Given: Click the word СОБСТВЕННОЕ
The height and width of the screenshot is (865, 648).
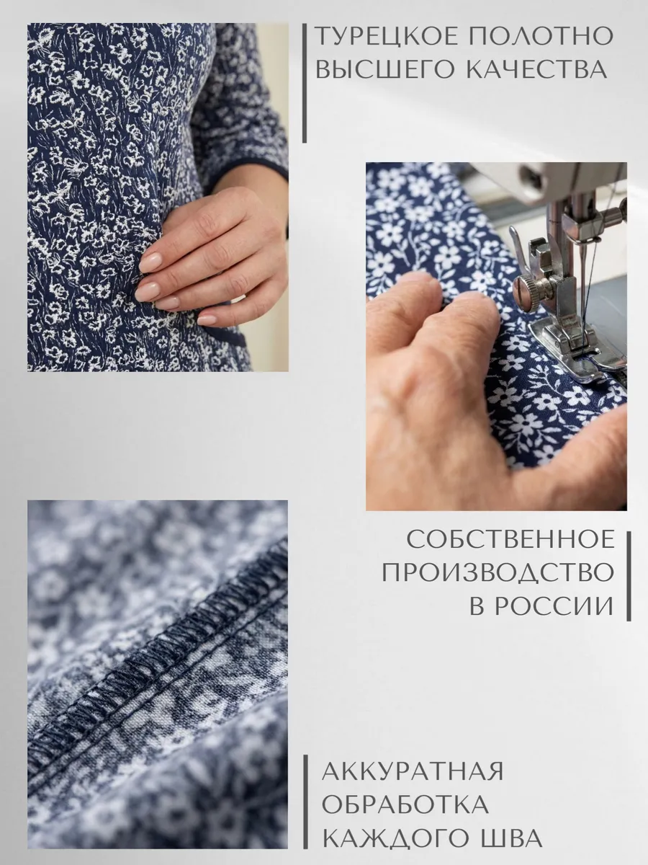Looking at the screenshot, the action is pyautogui.click(x=510, y=539).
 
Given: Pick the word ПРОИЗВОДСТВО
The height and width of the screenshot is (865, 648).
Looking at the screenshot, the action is pyautogui.click(x=498, y=572).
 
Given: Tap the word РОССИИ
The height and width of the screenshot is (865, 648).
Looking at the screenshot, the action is pyautogui.click(x=554, y=606).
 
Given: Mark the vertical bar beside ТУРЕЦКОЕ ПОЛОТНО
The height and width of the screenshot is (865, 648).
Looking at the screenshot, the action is pyautogui.click(x=305, y=83).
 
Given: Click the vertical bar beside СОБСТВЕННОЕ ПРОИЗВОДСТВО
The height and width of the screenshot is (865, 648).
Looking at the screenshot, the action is pyautogui.click(x=629, y=576).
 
